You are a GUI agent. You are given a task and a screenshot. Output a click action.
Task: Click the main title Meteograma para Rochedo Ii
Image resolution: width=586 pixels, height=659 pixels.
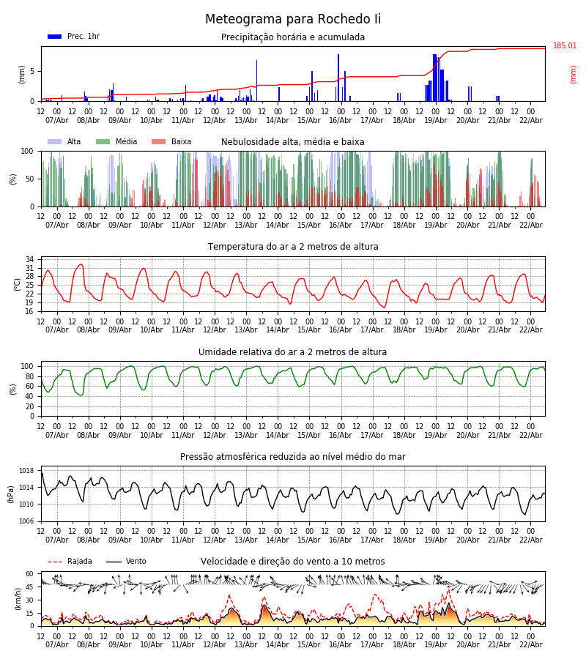tap(293, 20)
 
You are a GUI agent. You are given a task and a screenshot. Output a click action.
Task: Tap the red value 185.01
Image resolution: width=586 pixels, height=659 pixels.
tap(565, 46)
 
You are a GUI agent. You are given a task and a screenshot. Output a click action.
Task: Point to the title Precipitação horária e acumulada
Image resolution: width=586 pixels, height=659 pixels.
tap(293, 37)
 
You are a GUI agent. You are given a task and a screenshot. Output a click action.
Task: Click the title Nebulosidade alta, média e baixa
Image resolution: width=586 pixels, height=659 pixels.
tap(293, 142)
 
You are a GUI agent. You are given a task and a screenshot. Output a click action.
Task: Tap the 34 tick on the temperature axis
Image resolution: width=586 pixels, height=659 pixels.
tap(29, 259)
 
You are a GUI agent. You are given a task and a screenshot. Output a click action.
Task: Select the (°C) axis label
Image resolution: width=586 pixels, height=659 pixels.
tap(18, 283)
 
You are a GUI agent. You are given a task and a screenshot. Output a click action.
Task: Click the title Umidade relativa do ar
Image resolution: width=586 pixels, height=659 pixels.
tap(293, 352)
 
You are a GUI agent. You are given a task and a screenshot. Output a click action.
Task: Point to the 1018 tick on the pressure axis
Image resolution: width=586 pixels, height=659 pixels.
tap(27, 471)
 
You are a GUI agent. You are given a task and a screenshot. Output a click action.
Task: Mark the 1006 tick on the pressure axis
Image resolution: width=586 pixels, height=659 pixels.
tap(27, 521)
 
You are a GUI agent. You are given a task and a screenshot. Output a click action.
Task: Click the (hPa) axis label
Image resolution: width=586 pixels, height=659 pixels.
tap(11, 494)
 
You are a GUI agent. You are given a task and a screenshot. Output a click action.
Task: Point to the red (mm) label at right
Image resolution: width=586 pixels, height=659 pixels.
tap(574, 74)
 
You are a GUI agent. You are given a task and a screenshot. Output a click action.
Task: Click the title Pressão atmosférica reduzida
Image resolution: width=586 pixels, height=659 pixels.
tap(293, 457)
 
